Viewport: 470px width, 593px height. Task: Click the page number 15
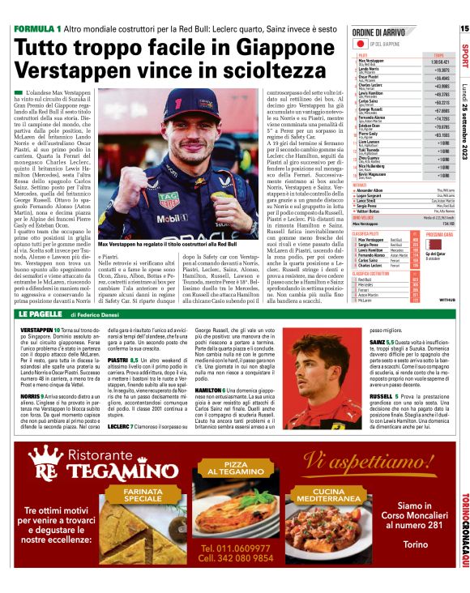pos(464,28)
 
